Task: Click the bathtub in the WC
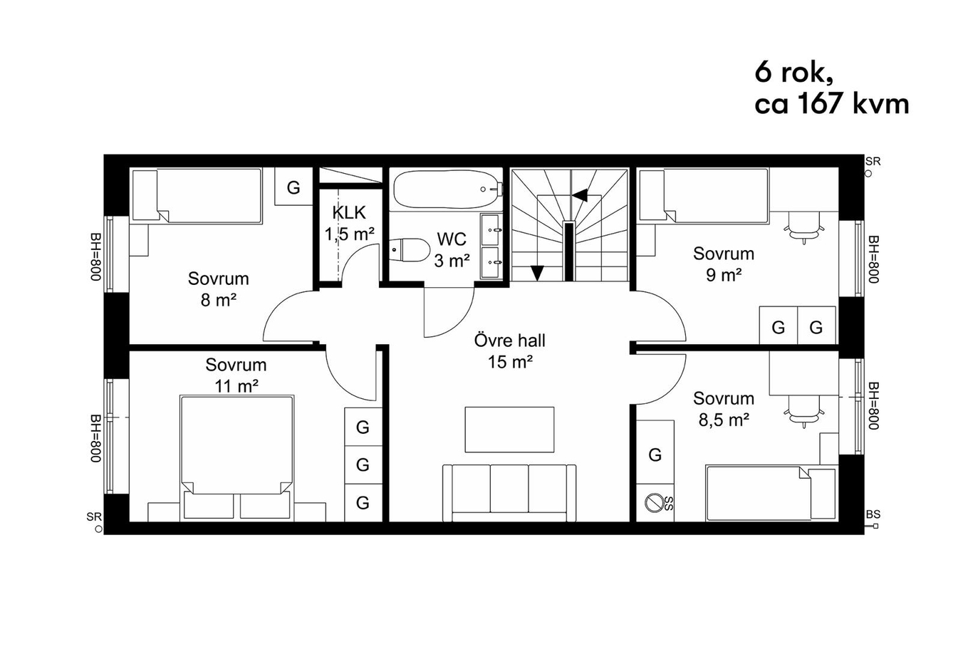coord(447,189)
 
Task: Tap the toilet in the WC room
coord(409,250)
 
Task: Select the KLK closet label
coord(349,213)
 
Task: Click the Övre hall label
coord(509,341)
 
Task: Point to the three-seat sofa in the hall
coord(509,492)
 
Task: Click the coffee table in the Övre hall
coord(509,430)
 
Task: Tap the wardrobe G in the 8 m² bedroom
coord(293,187)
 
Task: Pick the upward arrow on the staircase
coord(580,195)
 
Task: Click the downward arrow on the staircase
coord(537,273)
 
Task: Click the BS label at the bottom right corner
coord(873,514)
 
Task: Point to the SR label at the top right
coord(873,161)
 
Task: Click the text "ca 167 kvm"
coord(831,104)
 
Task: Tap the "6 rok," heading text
coord(794,72)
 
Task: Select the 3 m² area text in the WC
coord(452,261)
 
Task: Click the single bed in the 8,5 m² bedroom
coord(771,494)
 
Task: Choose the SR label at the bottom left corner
coord(94,517)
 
